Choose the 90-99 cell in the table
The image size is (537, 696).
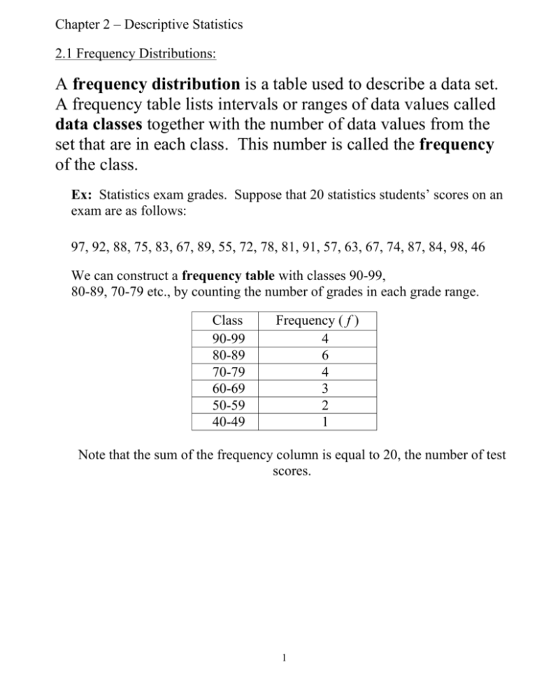(x=227, y=338)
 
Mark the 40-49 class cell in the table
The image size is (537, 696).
(x=227, y=423)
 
